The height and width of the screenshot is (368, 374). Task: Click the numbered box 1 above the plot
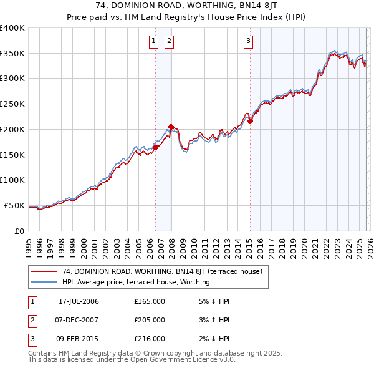pyautogui.click(x=153, y=42)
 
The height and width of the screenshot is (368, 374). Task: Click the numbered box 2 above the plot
pyautogui.click(x=169, y=42)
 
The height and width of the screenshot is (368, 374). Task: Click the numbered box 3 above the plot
pyautogui.click(x=248, y=42)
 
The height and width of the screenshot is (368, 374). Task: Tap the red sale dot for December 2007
pyautogui.click(x=171, y=127)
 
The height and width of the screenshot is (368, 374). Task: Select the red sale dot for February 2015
pyautogui.click(x=250, y=122)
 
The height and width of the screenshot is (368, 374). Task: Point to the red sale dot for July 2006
pyautogui.click(x=155, y=147)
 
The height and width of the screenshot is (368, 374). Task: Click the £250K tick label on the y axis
pyautogui.click(x=12, y=104)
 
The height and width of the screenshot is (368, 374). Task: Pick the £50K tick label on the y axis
pyautogui.click(x=15, y=205)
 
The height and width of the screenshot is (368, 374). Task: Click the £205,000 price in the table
pyautogui.click(x=150, y=320)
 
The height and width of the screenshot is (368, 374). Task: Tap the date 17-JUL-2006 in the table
pyautogui.click(x=79, y=301)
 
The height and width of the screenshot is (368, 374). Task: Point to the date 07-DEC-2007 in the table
pyautogui.click(x=79, y=320)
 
